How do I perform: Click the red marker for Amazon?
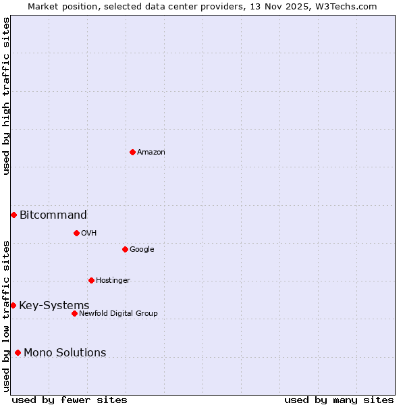[x=132, y=152]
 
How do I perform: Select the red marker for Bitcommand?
[x=13, y=215]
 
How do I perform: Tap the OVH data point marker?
[x=76, y=233]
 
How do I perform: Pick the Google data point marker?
[x=125, y=249]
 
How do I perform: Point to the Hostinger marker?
[x=91, y=280]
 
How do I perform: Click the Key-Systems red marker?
[x=13, y=305]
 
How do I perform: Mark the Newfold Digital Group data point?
[x=74, y=313]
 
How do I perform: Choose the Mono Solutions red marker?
[x=18, y=352]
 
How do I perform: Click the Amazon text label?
[x=151, y=153]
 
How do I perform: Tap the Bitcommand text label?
[x=53, y=215]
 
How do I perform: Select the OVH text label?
[x=88, y=234]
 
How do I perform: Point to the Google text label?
[x=142, y=250]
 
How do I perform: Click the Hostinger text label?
[x=113, y=281]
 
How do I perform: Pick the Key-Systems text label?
[x=54, y=306]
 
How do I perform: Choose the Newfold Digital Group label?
[x=118, y=314]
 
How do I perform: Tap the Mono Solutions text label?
[x=65, y=353]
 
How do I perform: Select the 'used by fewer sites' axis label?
[x=70, y=400]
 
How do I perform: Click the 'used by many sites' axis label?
[x=339, y=400]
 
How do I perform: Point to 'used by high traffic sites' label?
[x=6, y=96]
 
